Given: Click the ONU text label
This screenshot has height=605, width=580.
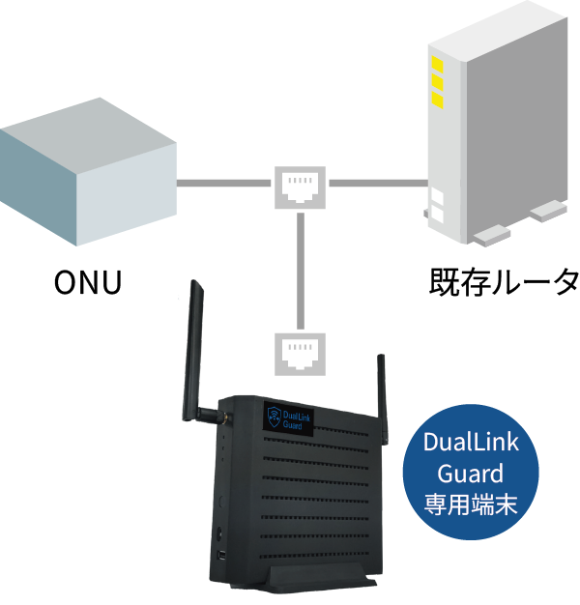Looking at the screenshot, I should point(87,284).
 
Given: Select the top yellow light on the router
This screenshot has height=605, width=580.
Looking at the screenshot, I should point(437,65).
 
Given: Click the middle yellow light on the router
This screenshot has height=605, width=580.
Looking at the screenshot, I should point(437,83).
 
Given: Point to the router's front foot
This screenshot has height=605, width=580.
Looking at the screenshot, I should point(489,233).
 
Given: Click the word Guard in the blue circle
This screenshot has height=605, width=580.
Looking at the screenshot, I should point(471,474).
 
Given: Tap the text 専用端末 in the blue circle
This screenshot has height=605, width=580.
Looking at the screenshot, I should point(471,504).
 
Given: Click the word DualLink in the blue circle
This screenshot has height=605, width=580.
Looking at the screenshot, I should point(471,444).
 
